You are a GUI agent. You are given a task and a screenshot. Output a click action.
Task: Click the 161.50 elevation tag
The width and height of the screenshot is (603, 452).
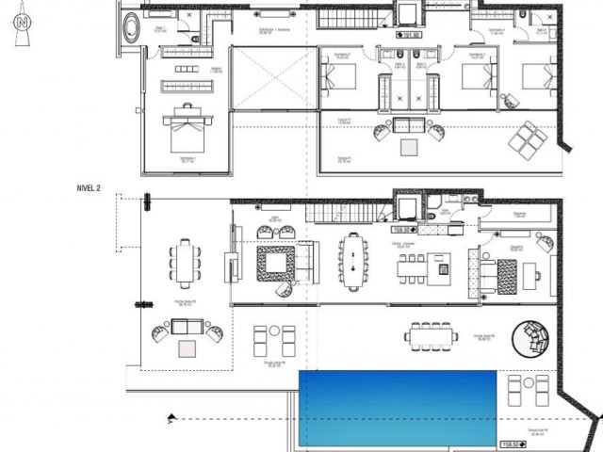[409, 36]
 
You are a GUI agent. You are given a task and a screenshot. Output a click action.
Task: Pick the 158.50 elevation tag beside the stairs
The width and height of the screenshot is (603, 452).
[404, 229]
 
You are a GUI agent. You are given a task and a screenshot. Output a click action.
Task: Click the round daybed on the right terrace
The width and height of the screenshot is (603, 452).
[533, 338]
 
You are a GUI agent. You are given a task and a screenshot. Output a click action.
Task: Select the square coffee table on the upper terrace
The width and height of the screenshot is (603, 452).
[410, 147]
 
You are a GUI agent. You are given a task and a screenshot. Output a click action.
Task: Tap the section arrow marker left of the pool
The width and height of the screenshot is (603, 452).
[171, 418]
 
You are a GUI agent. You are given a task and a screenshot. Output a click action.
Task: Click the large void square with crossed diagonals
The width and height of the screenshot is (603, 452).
[266, 84]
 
